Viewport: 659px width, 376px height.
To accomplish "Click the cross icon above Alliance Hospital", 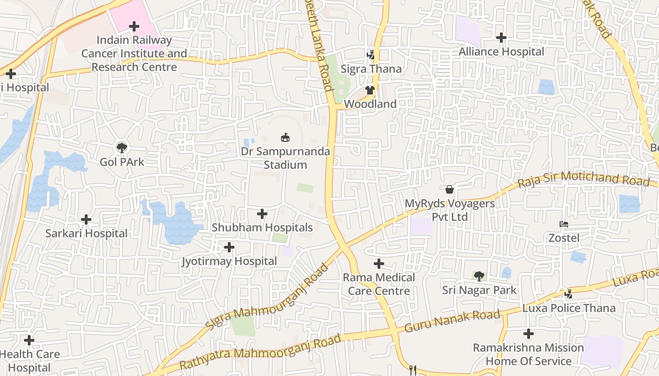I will pyautogui.click(x=501, y=37).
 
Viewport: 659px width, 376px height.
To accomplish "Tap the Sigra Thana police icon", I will pyautogui.click(x=371, y=55).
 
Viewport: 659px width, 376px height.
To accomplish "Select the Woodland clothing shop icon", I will pyautogui.click(x=370, y=90).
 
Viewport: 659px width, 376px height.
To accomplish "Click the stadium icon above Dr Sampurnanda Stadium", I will pyautogui.click(x=285, y=137).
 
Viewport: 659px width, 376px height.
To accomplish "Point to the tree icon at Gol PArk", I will pyautogui.click(x=122, y=148).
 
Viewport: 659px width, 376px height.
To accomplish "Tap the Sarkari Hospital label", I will pyautogui.click(x=86, y=233).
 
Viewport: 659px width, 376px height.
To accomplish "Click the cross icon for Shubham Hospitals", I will pyautogui.click(x=262, y=214).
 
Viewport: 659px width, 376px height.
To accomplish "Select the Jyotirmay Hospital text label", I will pyautogui.click(x=229, y=261).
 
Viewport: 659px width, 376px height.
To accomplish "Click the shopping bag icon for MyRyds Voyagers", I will pyautogui.click(x=450, y=189).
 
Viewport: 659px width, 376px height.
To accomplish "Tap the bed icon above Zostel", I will pyautogui.click(x=564, y=224).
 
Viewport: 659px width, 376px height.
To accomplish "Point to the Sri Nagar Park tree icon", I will pyautogui.click(x=479, y=276).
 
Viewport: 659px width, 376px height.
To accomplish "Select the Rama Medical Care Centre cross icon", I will pyautogui.click(x=379, y=264).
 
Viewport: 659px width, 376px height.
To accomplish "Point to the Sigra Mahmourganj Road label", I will pyautogui.click(x=267, y=297).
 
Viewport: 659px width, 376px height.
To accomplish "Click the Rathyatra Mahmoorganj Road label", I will pyautogui.click(x=260, y=352).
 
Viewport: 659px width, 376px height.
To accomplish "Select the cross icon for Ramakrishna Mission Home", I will pyautogui.click(x=529, y=334).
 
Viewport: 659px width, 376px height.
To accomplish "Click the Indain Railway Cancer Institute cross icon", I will pyautogui.click(x=134, y=26).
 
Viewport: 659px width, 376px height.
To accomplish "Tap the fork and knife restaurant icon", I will pyautogui.click(x=413, y=370).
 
